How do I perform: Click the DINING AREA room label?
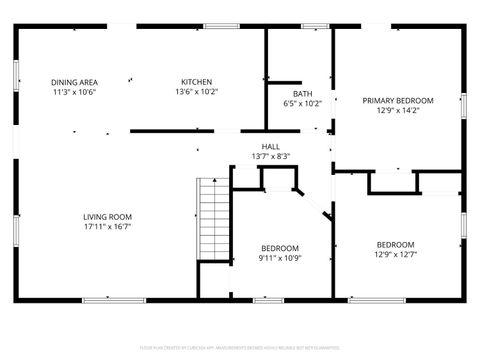coord(74,82)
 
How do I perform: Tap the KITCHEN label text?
coord(196,82)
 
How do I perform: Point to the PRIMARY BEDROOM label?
coord(398,101)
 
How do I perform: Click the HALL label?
coord(270,146)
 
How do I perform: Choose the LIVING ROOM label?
coord(107,217)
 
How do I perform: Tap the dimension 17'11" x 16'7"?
coord(107,227)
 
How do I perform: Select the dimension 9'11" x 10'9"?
coord(280,258)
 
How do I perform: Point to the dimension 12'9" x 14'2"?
coord(398,111)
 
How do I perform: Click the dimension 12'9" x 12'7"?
coord(394,255)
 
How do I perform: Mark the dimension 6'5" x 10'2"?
coord(302,103)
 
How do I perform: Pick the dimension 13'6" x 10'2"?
coord(196,92)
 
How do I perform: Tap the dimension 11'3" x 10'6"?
coord(74,92)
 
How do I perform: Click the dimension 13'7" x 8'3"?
coord(270,156)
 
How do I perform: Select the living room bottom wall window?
coord(103,299)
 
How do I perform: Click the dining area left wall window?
coord(15,75)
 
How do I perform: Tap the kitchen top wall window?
coord(218,26)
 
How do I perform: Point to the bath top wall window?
coord(315,26)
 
